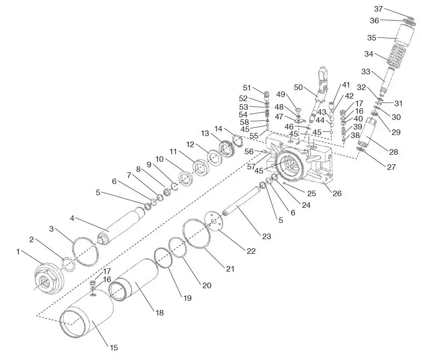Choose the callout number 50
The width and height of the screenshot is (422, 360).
point(298,87)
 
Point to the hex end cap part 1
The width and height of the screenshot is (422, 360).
point(48,278)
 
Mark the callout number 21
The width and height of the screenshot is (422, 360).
point(230,269)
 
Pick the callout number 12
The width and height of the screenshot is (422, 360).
point(190,145)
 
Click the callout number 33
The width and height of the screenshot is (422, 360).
point(365,71)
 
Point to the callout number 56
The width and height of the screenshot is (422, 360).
point(249,151)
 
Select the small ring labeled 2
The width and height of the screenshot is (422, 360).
point(68,263)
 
